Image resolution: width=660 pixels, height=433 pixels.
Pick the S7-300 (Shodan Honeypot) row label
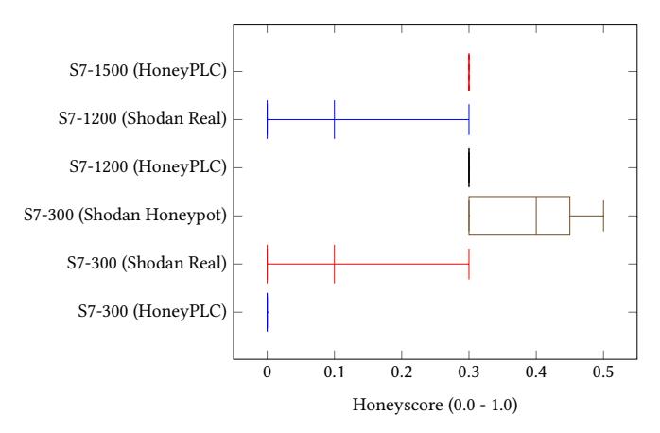point(127,216)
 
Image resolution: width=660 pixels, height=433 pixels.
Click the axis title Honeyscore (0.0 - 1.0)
point(435,407)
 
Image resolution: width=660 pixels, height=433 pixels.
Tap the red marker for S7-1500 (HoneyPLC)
point(469,70)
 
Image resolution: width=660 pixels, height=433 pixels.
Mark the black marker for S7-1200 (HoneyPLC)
point(469,167)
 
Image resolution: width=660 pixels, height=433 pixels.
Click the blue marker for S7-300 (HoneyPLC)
point(267,311)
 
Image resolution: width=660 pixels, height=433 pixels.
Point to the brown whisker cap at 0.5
point(603,216)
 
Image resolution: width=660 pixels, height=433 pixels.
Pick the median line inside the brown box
point(536,216)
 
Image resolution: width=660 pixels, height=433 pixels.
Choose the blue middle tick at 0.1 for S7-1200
point(334,119)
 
